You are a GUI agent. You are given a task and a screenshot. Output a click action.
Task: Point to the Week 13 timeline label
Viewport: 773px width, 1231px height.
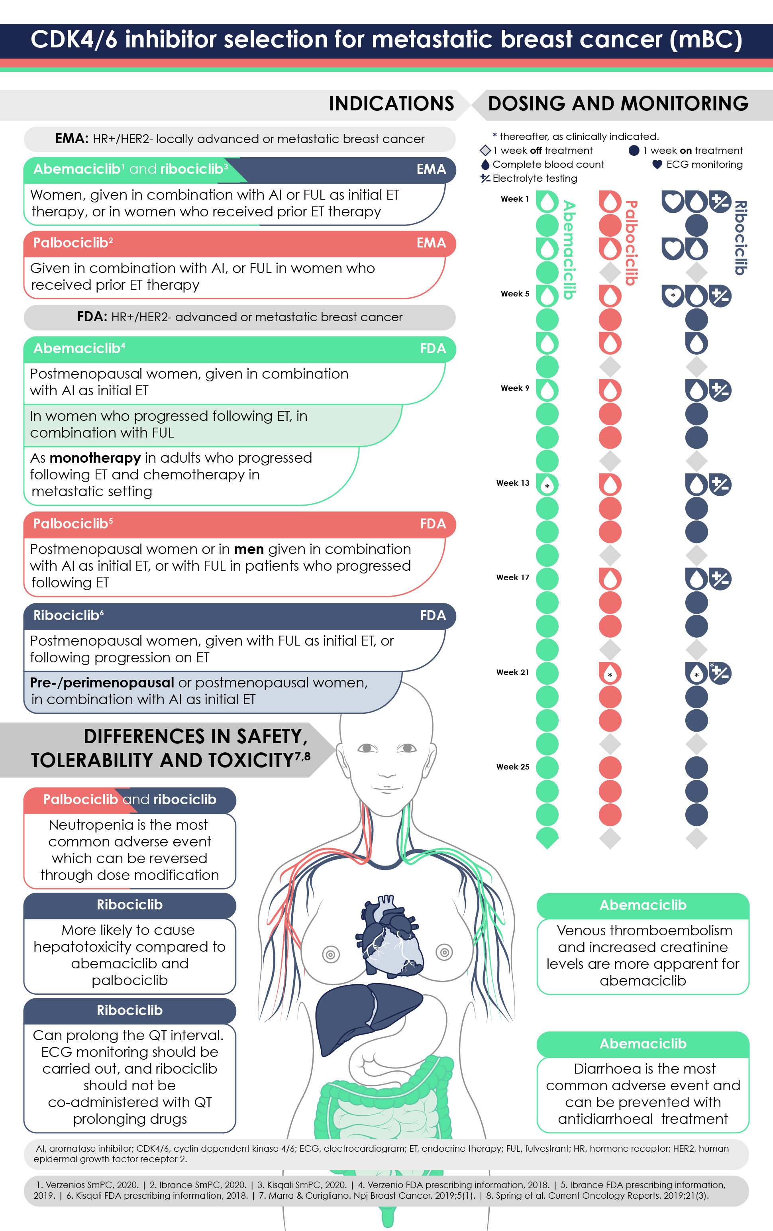click(512, 483)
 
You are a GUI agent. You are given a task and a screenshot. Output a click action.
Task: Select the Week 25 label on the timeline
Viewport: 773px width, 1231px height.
click(512, 767)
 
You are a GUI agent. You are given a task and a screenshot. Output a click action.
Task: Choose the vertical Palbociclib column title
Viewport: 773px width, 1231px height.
click(631, 243)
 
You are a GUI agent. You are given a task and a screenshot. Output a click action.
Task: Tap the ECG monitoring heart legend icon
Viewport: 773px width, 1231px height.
click(657, 164)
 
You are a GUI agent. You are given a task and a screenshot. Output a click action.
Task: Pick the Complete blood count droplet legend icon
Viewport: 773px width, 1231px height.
click(485, 164)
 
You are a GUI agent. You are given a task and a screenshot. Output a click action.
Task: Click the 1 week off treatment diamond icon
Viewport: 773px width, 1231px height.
click(485, 150)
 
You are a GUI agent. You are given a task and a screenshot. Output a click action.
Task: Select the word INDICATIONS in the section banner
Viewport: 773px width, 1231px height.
click(391, 104)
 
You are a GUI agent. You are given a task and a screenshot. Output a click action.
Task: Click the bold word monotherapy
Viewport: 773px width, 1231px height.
click(95, 458)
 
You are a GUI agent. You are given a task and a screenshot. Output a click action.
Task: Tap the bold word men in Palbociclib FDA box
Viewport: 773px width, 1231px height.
click(249, 549)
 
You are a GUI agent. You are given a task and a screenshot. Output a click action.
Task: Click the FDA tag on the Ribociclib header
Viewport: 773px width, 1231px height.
click(432, 615)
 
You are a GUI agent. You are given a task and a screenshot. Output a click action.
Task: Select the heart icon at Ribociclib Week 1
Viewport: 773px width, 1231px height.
click(673, 202)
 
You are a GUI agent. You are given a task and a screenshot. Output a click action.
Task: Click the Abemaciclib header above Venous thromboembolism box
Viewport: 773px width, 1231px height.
click(643, 905)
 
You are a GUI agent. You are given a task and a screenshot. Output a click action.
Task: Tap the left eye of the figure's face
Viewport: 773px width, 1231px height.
click(367, 748)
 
